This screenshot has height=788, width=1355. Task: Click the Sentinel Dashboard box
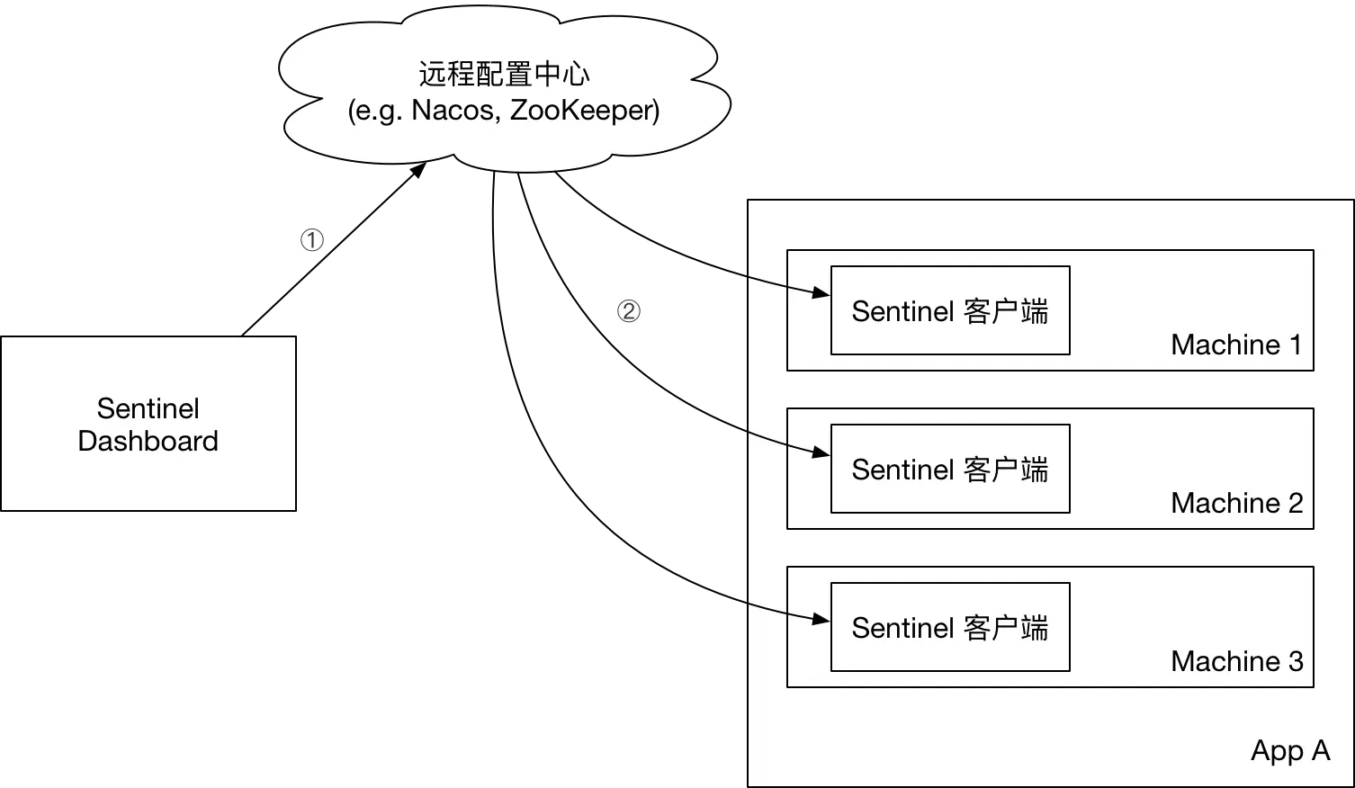148,423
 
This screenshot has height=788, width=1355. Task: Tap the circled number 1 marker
310,240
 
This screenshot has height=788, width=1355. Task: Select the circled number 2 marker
626,311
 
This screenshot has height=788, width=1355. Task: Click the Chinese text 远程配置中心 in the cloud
504,74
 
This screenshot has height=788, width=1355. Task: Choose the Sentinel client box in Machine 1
950,311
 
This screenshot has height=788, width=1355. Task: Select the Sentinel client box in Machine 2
950,470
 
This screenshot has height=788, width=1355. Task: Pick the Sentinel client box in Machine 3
950,628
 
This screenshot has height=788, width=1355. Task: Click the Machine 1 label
1236,345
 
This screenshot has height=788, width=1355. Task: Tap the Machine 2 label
1236,503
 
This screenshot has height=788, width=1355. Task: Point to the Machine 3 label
1236,661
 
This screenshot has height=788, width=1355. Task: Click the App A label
1289,750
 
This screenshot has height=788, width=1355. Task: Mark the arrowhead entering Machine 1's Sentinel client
821,292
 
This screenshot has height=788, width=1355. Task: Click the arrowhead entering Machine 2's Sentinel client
821,451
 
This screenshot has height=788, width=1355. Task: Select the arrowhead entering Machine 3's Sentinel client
821,618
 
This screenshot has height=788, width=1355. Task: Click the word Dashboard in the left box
148,441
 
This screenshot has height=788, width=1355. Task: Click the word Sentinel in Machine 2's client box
902,470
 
